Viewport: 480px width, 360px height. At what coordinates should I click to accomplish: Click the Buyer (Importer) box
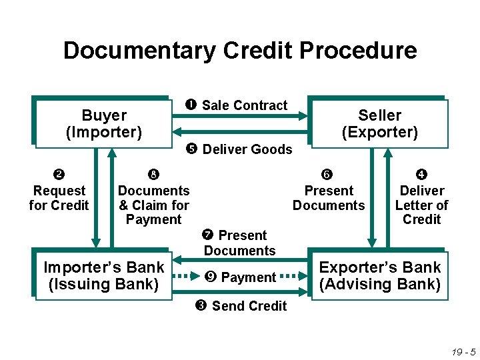pos(103,123)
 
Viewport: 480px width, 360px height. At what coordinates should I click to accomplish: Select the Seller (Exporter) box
pos(379,123)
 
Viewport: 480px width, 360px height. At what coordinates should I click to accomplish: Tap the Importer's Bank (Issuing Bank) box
pos(103,275)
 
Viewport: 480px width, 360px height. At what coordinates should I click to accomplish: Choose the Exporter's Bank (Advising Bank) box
pos(379,275)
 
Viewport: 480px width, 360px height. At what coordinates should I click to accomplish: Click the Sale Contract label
pos(244,105)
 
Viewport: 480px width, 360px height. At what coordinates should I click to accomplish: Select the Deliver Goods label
pos(247,149)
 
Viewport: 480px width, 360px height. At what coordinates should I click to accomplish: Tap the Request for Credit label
pos(59,198)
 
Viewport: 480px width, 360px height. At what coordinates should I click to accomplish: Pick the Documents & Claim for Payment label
pos(153,205)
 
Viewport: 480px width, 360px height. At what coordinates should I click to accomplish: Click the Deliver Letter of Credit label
pos(422,205)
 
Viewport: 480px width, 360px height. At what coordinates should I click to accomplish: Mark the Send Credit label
pos(249,306)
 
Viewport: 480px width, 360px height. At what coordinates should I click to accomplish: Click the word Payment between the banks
pos(248,277)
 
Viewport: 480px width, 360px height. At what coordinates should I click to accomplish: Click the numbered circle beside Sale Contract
pos(193,105)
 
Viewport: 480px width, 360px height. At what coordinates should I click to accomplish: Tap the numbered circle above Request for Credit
pos(59,175)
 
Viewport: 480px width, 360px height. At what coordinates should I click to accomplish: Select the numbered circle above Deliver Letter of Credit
pos(422,175)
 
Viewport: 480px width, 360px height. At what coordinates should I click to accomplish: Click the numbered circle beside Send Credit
pos(201,306)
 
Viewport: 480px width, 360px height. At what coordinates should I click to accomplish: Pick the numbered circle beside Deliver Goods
pos(193,149)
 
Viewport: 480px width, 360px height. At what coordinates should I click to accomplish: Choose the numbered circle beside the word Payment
pos(212,277)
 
